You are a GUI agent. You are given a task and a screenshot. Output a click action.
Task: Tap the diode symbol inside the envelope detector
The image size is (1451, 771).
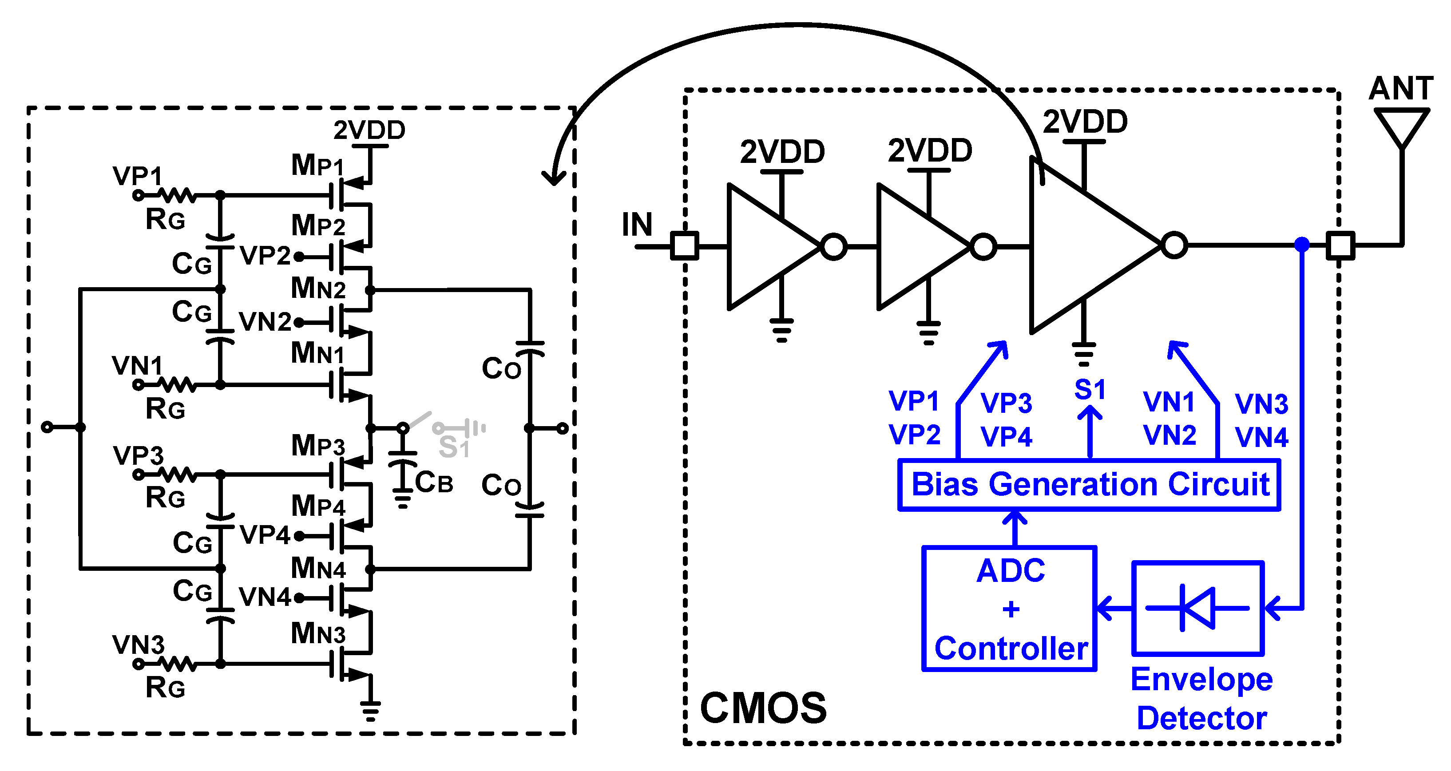point(1197,608)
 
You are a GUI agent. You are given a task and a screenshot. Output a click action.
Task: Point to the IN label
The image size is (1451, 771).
point(637,225)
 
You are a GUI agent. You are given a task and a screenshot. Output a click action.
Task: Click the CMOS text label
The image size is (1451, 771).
point(763,708)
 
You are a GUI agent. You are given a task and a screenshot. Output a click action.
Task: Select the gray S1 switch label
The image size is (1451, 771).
point(454,448)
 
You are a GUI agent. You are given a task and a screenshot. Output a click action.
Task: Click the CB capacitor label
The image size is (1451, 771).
point(434,482)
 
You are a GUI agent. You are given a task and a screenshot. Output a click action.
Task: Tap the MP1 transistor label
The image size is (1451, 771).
point(317,166)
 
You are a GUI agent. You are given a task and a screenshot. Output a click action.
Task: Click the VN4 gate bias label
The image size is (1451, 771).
point(264,597)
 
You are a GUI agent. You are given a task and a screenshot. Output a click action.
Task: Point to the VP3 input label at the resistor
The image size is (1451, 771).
point(138,455)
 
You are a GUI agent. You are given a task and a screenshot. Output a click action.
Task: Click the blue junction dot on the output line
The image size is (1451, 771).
point(1302,245)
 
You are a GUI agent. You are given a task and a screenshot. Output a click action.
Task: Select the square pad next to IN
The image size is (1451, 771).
point(684,245)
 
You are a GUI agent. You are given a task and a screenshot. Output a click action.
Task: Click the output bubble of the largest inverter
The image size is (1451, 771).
point(1174,245)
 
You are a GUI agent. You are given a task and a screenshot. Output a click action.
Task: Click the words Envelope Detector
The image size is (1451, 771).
point(1201,698)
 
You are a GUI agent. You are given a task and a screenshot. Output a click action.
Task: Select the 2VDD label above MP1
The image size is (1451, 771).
point(369,130)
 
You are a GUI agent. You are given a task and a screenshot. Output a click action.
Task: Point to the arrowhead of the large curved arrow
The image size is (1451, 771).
point(554,178)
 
